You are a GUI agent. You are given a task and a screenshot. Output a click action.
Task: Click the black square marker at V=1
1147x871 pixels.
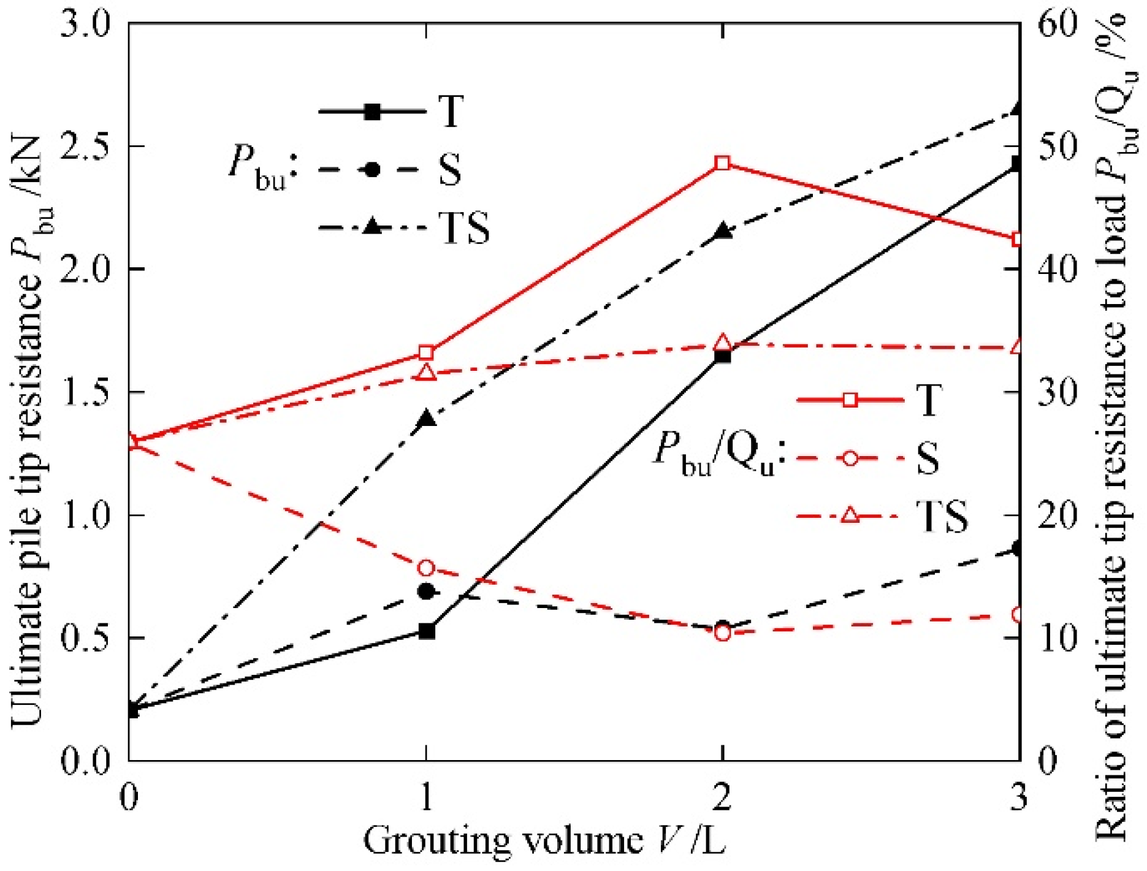(x=427, y=631)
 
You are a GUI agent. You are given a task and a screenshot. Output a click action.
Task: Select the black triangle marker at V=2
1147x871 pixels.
(x=723, y=232)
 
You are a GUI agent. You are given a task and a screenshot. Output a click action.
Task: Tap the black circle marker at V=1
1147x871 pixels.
(x=427, y=591)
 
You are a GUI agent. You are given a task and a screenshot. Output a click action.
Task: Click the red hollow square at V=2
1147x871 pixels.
(x=723, y=163)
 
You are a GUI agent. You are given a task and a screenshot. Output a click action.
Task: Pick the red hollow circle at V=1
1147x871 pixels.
(x=427, y=568)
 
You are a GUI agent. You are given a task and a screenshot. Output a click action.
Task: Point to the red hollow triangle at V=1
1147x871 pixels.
(x=427, y=373)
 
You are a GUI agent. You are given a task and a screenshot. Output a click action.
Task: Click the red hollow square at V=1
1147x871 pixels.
(x=427, y=353)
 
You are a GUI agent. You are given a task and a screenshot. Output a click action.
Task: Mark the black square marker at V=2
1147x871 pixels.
(x=723, y=356)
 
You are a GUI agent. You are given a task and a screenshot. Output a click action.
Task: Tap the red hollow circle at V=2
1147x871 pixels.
(x=723, y=633)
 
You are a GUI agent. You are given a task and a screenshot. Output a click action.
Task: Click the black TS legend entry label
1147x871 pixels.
(x=464, y=229)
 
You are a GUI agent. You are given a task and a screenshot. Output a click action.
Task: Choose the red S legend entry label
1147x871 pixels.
(x=928, y=458)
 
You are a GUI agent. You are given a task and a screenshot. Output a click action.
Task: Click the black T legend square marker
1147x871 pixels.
(x=372, y=112)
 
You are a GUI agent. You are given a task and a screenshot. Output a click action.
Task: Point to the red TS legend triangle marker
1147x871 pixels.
(x=850, y=515)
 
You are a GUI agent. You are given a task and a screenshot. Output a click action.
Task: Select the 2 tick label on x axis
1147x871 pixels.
(x=723, y=797)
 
